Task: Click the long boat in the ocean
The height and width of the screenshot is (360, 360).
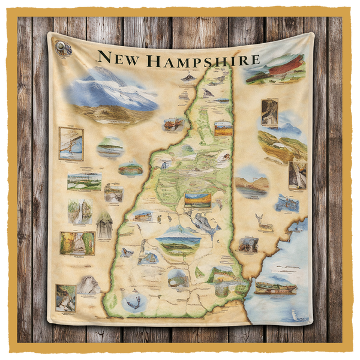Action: (275, 288)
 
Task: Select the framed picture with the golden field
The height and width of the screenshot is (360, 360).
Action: (223, 128)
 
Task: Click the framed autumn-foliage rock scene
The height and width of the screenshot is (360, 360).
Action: (77, 243)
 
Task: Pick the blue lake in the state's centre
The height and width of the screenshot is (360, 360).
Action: (205, 224)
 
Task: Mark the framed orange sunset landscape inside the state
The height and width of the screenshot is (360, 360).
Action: (197, 200)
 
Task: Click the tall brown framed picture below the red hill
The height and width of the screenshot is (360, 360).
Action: (269, 112)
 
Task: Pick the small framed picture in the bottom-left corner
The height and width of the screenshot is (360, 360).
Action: (65, 297)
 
